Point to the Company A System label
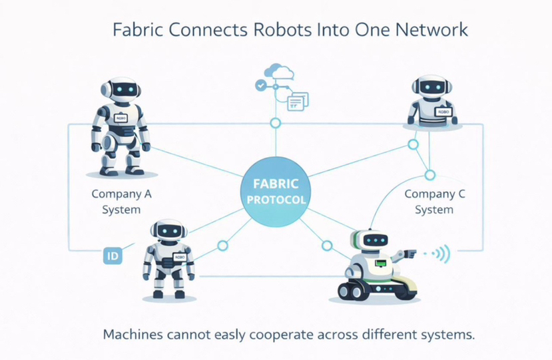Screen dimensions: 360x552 point(121,202)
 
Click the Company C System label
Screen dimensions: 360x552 point(434,202)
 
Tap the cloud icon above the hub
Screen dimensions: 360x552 point(278,71)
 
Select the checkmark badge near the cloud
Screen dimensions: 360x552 point(260,85)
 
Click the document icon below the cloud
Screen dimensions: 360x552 point(298,101)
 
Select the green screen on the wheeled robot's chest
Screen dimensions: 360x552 point(380,264)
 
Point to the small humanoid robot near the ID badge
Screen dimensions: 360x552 point(168,259)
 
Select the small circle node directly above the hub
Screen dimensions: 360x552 point(275,123)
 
